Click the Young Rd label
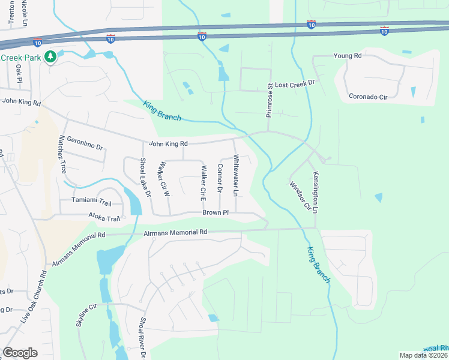[x=349, y=55]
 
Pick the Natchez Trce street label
[x=61, y=155]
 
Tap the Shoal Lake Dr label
[x=145, y=178]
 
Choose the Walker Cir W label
[x=163, y=179]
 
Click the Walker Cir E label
[x=203, y=182]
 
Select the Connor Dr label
[x=220, y=178]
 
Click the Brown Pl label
[x=215, y=212]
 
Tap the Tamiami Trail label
[x=92, y=200]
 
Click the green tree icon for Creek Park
[x=52, y=56]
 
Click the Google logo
[x=20, y=353]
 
